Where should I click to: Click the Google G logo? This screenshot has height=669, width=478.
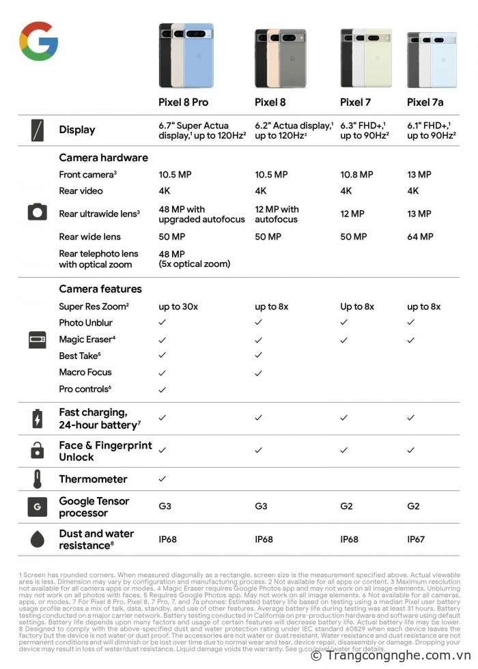coord(38,41)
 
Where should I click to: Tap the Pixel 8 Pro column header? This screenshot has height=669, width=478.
coord(183,102)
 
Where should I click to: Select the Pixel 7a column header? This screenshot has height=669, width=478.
coord(425,102)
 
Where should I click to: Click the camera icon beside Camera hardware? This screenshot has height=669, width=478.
coord(38,212)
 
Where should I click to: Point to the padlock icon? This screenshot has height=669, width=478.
coord(38,450)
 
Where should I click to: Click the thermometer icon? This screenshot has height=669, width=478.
coord(38,479)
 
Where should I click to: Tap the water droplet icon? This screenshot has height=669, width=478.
coord(38,539)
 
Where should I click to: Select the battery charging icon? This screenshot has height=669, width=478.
coord(38,418)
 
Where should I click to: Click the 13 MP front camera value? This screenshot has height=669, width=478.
coord(419,175)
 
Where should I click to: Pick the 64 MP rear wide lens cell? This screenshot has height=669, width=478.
coord(420,237)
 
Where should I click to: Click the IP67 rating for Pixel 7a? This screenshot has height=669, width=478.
coord(416,539)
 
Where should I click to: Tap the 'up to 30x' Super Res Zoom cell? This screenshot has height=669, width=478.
coord(178,307)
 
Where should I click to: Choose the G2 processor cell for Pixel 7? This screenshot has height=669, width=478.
coord(347,507)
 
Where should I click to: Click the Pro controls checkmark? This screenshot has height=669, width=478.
coord(163,389)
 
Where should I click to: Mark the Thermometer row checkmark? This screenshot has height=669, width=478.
coord(163,479)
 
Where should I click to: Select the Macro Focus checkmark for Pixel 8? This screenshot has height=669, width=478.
coord(258,373)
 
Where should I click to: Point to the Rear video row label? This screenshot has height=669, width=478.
coord(81,191)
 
